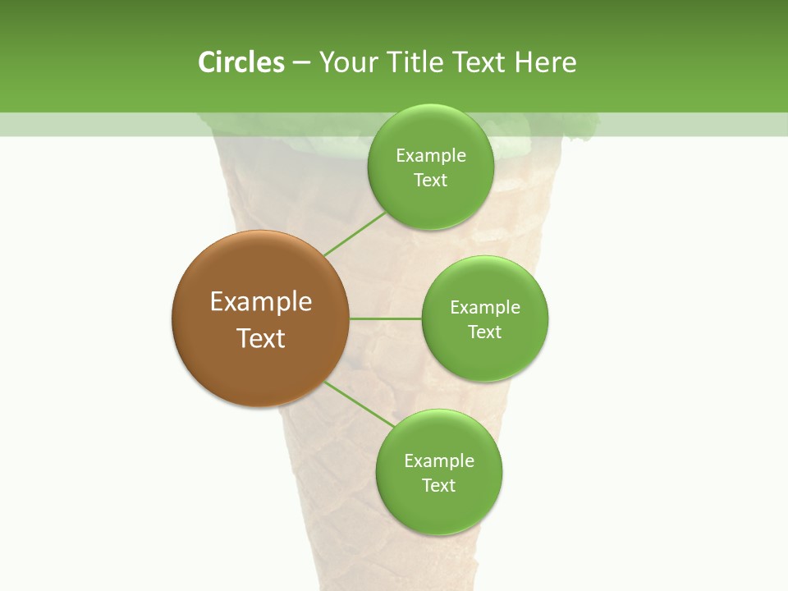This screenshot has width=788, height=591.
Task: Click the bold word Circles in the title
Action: [x=241, y=62]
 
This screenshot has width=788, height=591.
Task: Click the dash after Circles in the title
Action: [x=301, y=63]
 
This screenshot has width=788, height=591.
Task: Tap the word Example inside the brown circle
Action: [x=261, y=302]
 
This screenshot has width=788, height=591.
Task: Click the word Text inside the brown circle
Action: [x=261, y=338]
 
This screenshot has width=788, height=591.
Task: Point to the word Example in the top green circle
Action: [x=430, y=156]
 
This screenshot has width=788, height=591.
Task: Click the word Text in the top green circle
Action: [x=430, y=181]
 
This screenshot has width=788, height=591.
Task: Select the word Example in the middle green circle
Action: [x=485, y=308]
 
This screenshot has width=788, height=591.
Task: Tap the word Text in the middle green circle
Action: [x=485, y=332]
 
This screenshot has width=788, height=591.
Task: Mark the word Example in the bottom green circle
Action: [x=438, y=461]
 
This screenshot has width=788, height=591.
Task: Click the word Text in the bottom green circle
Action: [x=438, y=486]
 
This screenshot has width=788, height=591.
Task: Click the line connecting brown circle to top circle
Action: [x=355, y=234]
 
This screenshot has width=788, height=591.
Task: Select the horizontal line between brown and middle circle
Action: [x=386, y=318]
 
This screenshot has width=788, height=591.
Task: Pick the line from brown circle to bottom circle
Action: [x=360, y=405]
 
